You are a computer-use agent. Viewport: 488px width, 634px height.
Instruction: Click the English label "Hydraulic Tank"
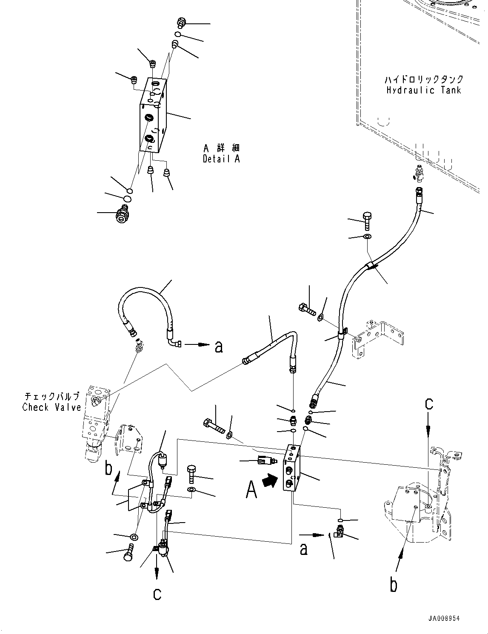424,90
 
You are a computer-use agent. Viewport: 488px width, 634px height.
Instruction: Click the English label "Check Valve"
51,407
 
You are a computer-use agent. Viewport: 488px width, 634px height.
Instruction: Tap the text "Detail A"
221,159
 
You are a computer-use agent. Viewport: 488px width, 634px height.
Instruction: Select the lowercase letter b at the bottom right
394,585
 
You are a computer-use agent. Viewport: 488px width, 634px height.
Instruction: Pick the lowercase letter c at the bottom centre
157,593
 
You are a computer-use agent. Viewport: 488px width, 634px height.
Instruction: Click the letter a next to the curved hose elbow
219,347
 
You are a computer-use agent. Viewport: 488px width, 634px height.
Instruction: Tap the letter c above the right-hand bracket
429,404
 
